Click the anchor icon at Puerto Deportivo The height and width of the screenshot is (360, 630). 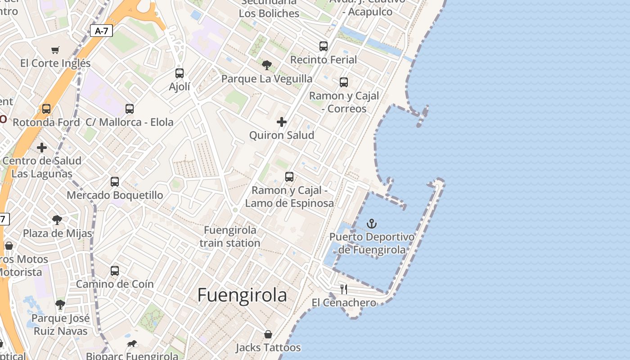(372, 224)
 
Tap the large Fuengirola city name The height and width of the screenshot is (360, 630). (242, 295)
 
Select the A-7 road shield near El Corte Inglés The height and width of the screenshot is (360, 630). (102, 31)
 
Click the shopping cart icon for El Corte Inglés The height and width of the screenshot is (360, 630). (55, 50)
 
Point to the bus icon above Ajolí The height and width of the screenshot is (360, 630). (180, 73)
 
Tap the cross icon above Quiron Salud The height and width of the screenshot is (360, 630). (282, 122)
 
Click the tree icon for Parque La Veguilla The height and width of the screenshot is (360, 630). (267, 65)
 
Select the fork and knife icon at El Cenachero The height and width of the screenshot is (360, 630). (344, 289)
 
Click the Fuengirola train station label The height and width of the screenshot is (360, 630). (230, 237)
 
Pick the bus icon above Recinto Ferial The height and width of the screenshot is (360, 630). (324, 46)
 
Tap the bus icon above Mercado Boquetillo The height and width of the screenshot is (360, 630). (115, 181)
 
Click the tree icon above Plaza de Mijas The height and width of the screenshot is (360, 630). (57, 220)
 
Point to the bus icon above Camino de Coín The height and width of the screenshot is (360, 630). (115, 270)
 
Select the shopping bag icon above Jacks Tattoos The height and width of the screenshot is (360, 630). (268, 334)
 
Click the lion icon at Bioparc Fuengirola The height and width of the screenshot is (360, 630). (132, 344)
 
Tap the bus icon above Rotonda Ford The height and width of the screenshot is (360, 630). (46, 108)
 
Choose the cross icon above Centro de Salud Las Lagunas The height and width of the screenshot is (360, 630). (42, 147)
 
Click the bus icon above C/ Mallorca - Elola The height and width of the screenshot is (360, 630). (130, 108)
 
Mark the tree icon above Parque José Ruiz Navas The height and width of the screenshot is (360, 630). (60, 305)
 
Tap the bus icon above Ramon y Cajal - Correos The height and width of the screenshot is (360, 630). (344, 82)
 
